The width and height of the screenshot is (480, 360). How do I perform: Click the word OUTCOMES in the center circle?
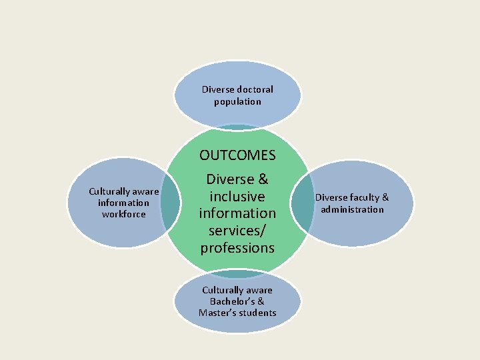coord(237,155)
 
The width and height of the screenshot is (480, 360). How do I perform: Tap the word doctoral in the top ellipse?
coord(255,89)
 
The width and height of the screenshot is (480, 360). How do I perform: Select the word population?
coord(237,101)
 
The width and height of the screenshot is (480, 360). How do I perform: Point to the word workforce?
coord(123,214)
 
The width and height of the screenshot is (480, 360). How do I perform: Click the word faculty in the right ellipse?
coord(364,197)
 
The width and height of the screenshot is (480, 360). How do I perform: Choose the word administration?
coord(352,209)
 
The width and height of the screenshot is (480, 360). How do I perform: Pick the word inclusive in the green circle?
coord(237,197)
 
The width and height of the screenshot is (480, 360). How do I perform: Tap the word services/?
coord(237,231)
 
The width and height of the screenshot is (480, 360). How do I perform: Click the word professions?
coord(237,248)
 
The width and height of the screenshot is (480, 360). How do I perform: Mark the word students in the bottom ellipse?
coord(259,313)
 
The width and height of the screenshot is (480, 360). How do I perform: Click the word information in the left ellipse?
coord(123,203)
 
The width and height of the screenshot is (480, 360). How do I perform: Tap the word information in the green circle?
coord(237,213)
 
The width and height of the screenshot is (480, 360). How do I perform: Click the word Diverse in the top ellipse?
coord(218,89)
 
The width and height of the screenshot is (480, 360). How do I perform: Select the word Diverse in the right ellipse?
coord(331,197)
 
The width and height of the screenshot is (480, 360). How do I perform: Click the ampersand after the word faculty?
coord(385,197)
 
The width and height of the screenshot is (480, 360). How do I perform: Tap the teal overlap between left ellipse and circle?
coord(172,203)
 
